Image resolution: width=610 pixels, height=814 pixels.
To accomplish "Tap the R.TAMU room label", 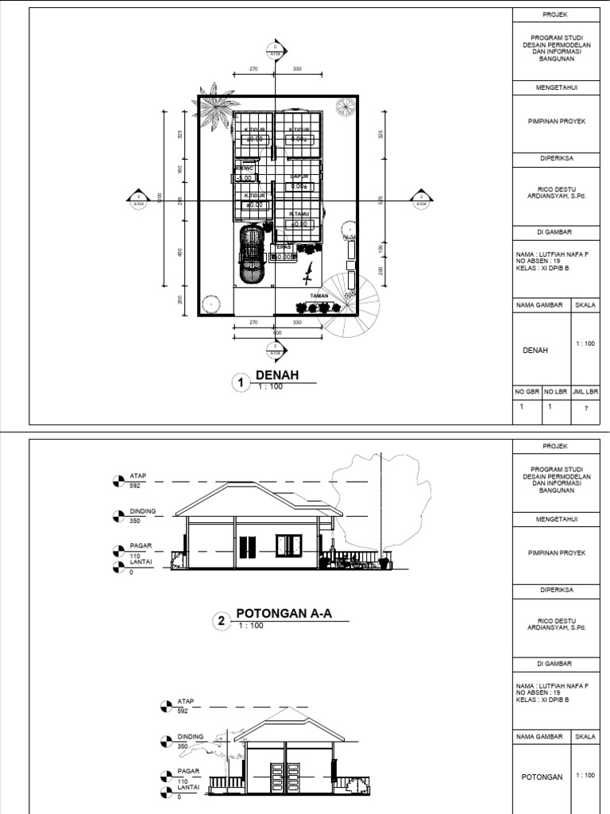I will (x=299, y=214).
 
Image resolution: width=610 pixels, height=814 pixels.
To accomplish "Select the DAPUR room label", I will (x=299, y=176).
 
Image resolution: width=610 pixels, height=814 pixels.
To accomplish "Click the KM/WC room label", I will (x=245, y=169).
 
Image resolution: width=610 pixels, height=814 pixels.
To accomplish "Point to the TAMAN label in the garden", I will (x=319, y=295).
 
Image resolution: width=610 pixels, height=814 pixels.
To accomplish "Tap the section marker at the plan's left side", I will (x=138, y=199).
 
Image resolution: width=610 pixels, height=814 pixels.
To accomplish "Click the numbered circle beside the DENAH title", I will (x=240, y=383).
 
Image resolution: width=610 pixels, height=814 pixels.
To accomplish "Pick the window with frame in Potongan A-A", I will (x=289, y=545).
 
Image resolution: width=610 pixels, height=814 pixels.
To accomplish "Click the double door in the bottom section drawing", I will (x=284, y=780).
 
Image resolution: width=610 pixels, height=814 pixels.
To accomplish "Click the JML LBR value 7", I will (x=586, y=407).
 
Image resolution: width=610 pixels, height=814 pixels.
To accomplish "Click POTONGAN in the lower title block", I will (x=542, y=777).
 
